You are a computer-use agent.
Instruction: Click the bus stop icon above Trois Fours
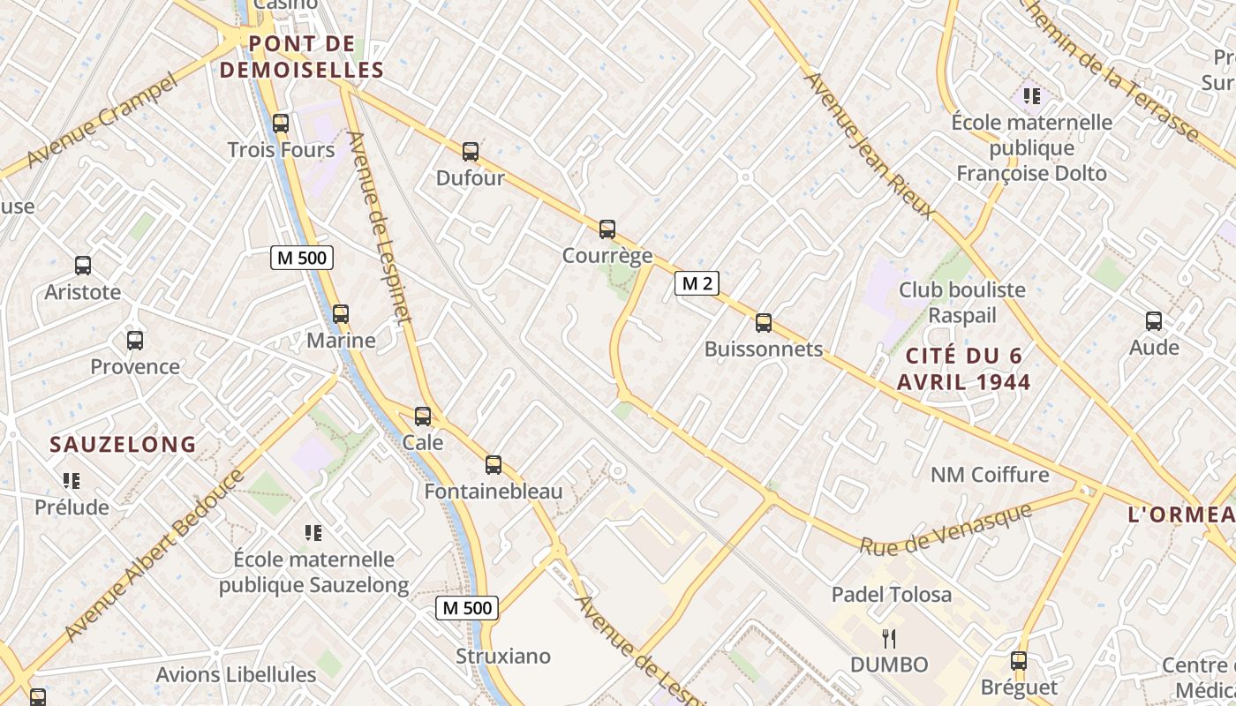(281, 124)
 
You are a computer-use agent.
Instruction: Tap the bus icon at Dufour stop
(471, 152)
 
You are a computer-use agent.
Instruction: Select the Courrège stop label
(607, 256)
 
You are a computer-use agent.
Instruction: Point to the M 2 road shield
(697, 283)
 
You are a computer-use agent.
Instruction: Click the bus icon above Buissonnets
(764, 323)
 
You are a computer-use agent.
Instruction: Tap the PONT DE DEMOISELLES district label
(302, 57)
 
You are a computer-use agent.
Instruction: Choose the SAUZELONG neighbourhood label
(123, 445)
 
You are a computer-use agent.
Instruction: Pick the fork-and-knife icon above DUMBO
(889, 638)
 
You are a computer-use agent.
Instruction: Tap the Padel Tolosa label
(892, 595)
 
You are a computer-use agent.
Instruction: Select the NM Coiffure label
(990, 476)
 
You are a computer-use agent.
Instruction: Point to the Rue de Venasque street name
(946, 529)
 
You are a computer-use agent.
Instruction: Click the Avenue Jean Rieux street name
(869, 146)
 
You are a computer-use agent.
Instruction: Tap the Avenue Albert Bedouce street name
(154, 557)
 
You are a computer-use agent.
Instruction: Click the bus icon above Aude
(1154, 321)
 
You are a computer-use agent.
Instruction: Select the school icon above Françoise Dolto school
(1031, 95)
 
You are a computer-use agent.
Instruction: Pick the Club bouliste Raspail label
(962, 303)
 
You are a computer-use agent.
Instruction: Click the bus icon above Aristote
(83, 265)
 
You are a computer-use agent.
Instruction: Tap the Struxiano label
(503, 657)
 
